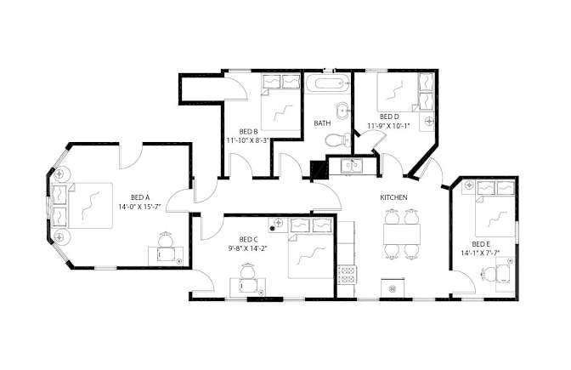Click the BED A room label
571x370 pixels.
click(x=140, y=197)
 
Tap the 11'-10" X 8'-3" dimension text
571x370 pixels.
click(x=248, y=140)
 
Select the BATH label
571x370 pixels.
click(x=322, y=123)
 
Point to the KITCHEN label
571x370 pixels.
click(x=393, y=197)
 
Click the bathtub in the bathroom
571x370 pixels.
click(x=327, y=84)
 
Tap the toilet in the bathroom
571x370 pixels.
click(x=337, y=140)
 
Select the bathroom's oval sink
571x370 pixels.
click(x=342, y=111)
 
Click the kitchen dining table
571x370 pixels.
click(x=402, y=235)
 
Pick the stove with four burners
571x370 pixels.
click(x=347, y=276)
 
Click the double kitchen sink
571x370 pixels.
click(x=351, y=166)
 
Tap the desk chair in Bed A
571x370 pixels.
click(x=166, y=239)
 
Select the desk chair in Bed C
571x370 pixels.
click(x=247, y=270)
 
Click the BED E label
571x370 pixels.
click(x=480, y=244)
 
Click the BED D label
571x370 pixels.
click(x=389, y=117)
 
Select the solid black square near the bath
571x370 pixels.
click(x=319, y=169)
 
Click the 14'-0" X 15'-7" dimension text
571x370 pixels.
click(x=139, y=207)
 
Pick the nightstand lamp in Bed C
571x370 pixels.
click(x=278, y=222)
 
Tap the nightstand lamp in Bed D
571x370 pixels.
click(x=430, y=120)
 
